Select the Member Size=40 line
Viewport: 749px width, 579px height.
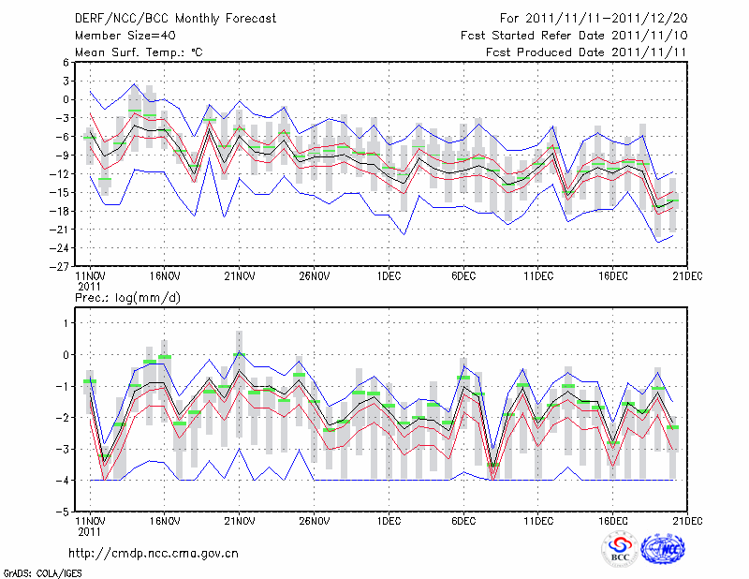(123, 36)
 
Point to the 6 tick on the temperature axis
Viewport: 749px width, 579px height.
(66, 63)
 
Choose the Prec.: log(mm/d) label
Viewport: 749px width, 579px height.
(126, 298)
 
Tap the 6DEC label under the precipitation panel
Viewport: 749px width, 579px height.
(463, 520)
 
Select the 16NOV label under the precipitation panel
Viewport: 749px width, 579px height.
(164, 520)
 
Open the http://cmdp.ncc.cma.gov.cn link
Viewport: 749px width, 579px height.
(154, 553)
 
